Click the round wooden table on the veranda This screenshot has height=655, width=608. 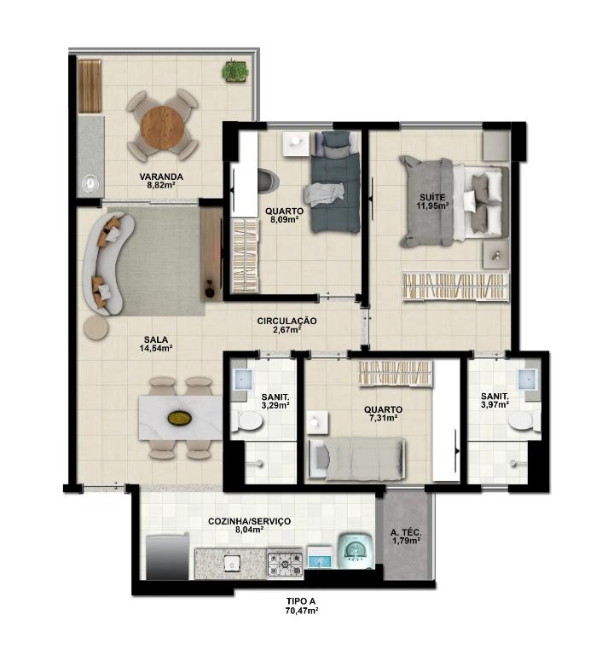tap(162, 125)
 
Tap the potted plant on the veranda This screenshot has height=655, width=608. tap(235, 71)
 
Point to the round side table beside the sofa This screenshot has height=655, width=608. tap(96, 327)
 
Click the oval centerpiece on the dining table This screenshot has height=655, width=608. tap(180, 418)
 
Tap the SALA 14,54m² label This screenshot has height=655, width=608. tap(156, 344)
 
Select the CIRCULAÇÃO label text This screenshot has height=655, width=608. tap(287, 321)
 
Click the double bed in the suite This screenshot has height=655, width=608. tap(455, 202)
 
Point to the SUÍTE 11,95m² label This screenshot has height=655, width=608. tap(432, 201)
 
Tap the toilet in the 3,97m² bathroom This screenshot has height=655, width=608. tap(524, 420)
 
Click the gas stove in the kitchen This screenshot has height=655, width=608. tap(285, 565)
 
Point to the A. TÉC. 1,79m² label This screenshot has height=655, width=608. tap(405, 536)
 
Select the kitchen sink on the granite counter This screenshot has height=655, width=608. tap(230, 563)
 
